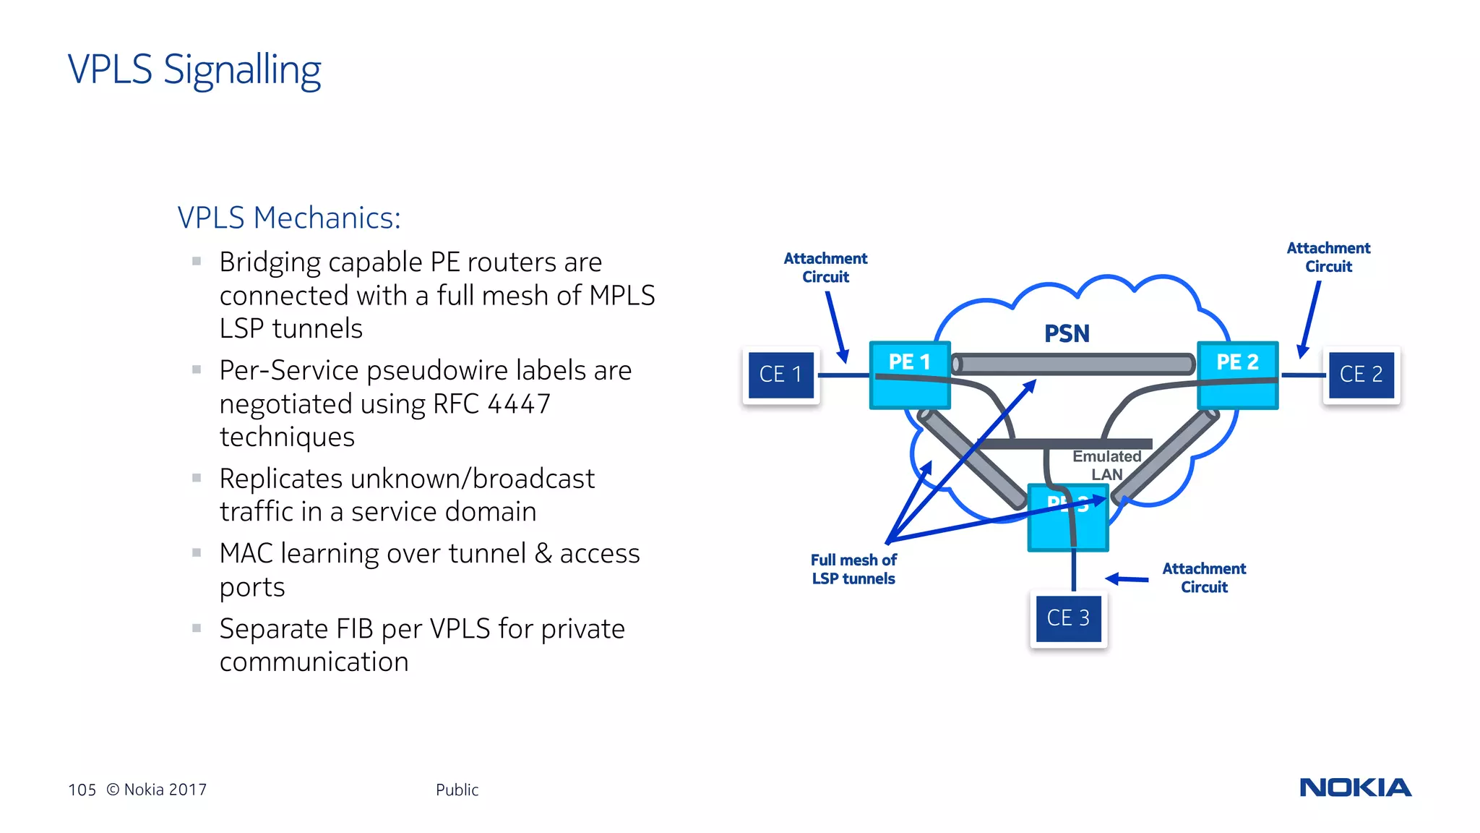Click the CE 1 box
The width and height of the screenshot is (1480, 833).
[780, 375]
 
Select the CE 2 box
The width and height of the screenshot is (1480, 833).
[1361, 375]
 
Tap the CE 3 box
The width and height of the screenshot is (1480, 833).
[1068, 618]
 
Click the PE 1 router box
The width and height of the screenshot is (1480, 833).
[909, 375]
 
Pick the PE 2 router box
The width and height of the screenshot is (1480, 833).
[1237, 375]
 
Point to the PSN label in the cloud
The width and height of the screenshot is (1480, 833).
[1067, 334]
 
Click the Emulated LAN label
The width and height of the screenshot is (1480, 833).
[1106, 466]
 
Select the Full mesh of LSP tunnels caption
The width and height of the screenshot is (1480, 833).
[853, 569]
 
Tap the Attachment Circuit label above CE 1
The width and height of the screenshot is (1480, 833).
[825, 268]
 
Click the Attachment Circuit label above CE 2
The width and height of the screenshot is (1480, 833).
[1328, 257]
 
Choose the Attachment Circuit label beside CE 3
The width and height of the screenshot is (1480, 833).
[1204, 578]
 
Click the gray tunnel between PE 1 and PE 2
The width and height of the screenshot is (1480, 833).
[1073, 364]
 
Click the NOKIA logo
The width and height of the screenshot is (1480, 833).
[1355, 787]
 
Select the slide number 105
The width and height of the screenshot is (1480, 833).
[82, 790]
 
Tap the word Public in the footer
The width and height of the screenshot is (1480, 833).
[457, 790]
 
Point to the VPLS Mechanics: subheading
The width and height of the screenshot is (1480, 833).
[289, 218]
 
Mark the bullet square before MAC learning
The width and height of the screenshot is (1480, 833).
[197, 552]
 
